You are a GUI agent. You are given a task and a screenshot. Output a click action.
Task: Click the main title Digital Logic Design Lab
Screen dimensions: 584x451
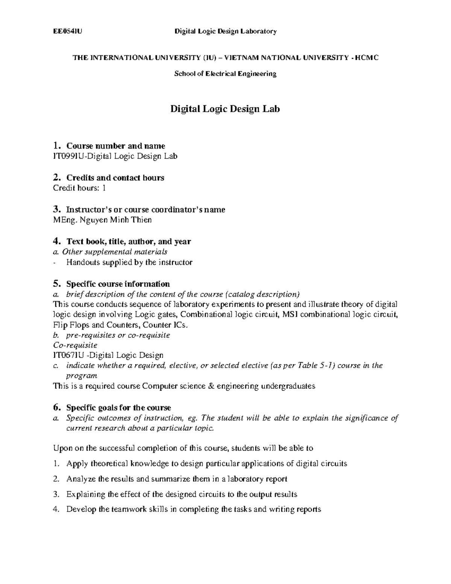coord(225,109)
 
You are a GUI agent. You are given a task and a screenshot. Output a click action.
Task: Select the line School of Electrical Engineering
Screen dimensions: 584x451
coord(225,74)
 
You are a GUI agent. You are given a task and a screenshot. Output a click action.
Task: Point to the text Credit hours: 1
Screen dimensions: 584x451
coord(79,188)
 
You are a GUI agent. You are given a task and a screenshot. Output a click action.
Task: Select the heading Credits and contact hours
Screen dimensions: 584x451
coord(115,177)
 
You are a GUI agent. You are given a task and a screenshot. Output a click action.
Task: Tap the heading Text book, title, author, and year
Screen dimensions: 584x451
coord(129,241)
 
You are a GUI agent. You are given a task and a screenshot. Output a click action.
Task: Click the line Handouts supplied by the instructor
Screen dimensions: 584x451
coord(129,262)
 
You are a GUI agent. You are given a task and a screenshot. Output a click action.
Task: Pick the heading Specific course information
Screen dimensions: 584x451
coord(118,284)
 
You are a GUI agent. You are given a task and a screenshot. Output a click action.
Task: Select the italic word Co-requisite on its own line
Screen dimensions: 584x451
coord(76,345)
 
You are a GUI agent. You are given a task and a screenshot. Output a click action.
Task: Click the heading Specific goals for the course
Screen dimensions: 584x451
coord(118,408)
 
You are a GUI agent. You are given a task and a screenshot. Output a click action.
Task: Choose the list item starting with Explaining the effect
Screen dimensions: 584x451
coord(182,494)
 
